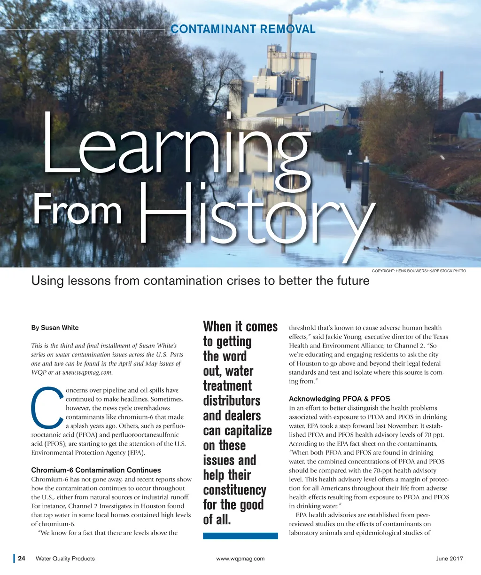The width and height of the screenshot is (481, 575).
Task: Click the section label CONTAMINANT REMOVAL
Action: (x=243, y=29)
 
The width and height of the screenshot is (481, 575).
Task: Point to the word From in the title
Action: (x=77, y=212)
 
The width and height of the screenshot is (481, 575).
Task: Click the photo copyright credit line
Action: (x=419, y=271)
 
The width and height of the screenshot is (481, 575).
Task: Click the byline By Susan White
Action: (x=55, y=328)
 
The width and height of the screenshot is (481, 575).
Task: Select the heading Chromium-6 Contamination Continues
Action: (x=96, y=470)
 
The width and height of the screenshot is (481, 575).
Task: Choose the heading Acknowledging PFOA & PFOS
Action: (x=339, y=399)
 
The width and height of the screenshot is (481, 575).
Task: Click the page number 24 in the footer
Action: (x=22, y=559)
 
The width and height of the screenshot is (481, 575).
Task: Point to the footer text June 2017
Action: (x=449, y=559)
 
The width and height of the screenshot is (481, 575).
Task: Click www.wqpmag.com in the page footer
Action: (x=240, y=559)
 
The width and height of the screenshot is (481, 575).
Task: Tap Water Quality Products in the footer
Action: (x=65, y=559)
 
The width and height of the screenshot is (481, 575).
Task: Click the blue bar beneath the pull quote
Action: (x=240, y=536)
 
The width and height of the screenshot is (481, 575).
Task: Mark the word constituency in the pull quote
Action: (x=234, y=490)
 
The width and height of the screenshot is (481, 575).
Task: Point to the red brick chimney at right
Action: (x=441, y=89)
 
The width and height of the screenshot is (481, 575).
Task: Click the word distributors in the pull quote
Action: (x=232, y=401)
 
